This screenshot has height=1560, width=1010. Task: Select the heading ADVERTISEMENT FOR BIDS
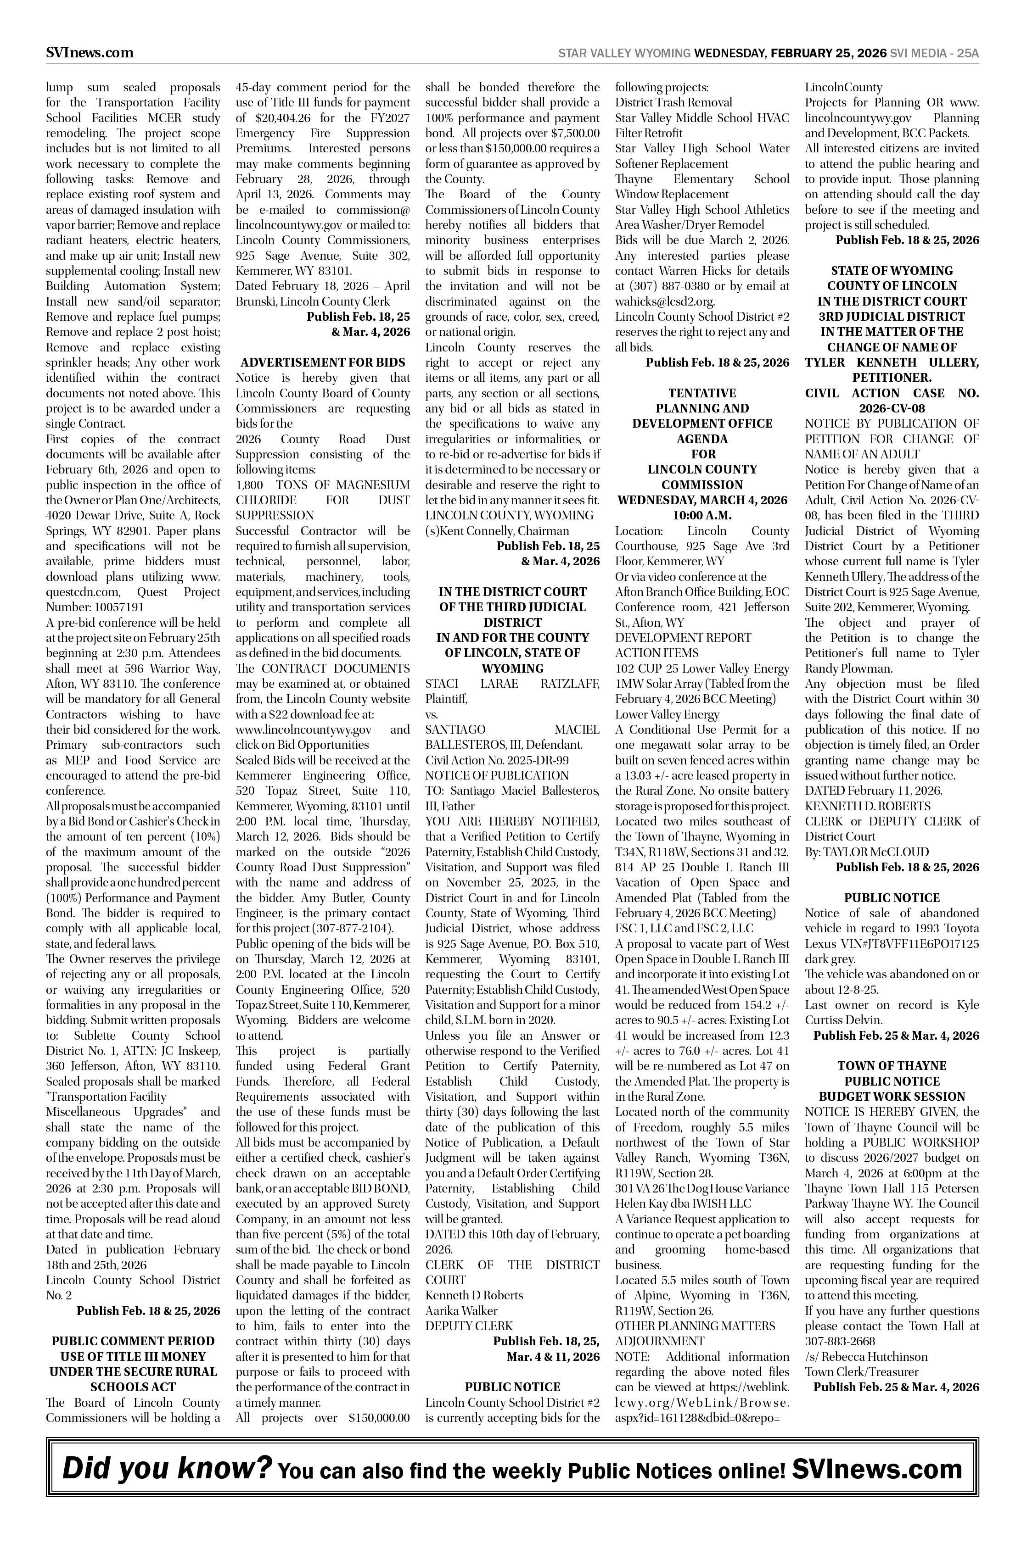tap(323, 362)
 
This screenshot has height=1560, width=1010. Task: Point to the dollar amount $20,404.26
tap(278, 118)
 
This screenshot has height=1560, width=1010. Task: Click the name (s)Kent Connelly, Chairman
tap(497, 531)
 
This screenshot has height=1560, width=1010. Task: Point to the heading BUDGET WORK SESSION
tap(892, 1097)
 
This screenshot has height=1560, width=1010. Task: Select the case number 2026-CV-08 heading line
tap(892, 408)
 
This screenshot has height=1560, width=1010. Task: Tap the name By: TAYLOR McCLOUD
tap(867, 852)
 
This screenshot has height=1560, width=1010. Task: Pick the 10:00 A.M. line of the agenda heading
tap(702, 515)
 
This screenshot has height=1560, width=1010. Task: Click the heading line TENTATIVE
tap(702, 393)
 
